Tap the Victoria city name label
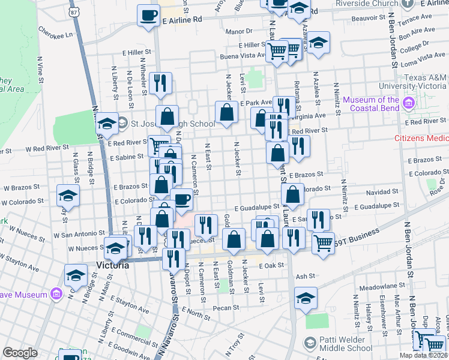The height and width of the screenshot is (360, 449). click(112, 265)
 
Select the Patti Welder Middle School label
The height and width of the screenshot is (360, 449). click(346, 344)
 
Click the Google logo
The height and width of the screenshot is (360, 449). click(20, 353)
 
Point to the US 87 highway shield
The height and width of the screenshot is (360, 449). click(73, 12)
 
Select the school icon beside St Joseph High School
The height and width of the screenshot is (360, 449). click(108, 124)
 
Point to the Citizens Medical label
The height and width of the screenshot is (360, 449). click(421, 138)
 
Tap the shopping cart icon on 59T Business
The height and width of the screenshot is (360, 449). click(323, 243)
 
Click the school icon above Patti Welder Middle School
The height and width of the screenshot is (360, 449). click(306, 298)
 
